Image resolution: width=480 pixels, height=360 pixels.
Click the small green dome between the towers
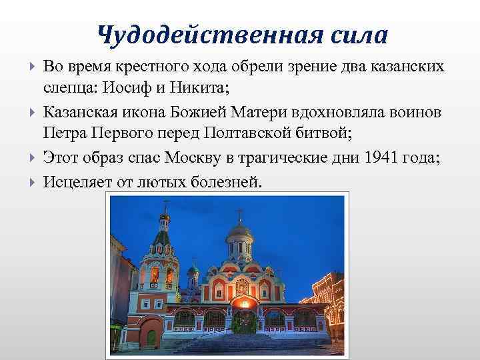coord(193,271)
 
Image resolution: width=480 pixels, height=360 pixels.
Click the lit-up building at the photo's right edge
coord(330,280)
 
